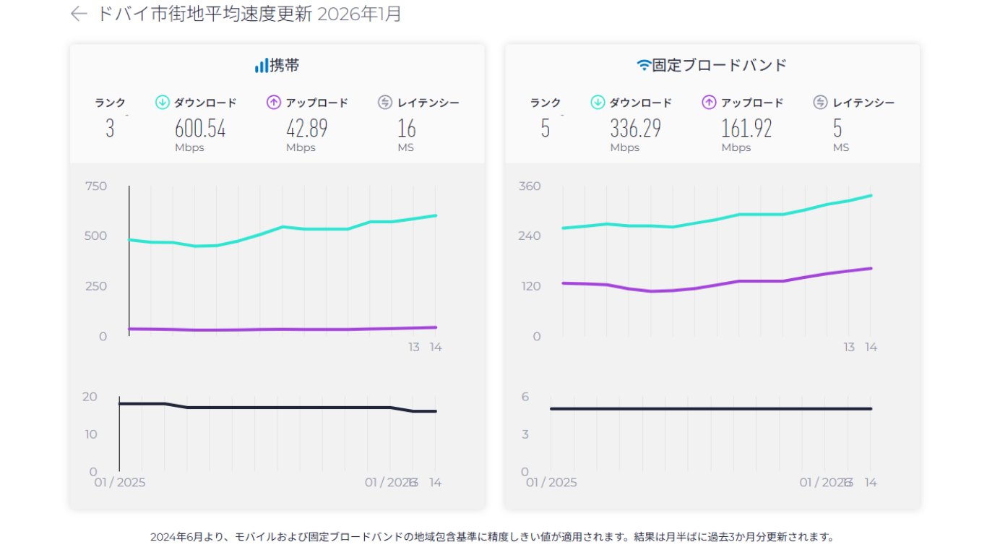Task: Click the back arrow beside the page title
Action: pyautogui.click(x=79, y=14)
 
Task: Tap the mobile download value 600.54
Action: pyautogui.click(x=200, y=129)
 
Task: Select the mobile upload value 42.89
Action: pyautogui.click(x=306, y=129)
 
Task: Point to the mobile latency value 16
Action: pyautogui.click(x=407, y=129)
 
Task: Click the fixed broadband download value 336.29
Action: pyautogui.click(x=635, y=129)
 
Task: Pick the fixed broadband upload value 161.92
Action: pyautogui.click(x=746, y=129)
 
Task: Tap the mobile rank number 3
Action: pyautogui.click(x=110, y=129)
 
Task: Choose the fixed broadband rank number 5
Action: pyautogui.click(x=545, y=129)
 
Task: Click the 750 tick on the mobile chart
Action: pyautogui.click(x=95, y=186)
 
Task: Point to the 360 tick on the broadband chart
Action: pyautogui.click(x=529, y=186)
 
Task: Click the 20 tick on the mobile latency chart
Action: pyautogui.click(x=90, y=396)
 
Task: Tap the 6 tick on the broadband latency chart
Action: pyautogui.click(x=525, y=396)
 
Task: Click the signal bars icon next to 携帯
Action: pyautogui.click(x=261, y=66)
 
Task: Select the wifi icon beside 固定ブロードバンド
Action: pyautogui.click(x=643, y=66)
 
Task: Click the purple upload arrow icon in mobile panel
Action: pyautogui.click(x=274, y=103)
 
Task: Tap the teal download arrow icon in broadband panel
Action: pyautogui.click(x=598, y=103)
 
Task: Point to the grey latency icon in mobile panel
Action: pyautogui.click(x=385, y=103)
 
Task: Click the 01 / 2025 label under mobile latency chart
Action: pyautogui.click(x=120, y=482)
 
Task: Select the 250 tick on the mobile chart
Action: pyautogui.click(x=95, y=286)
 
